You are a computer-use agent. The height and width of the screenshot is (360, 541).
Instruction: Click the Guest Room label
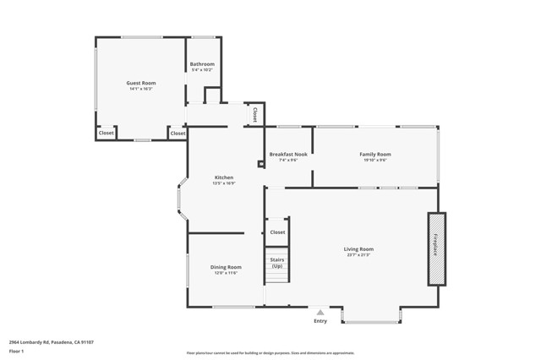(140, 83)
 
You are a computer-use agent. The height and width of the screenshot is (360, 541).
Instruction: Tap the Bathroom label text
(202, 64)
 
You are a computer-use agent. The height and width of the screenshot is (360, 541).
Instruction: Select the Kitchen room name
(223, 177)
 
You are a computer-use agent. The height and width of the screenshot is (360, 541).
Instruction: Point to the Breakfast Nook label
(288, 155)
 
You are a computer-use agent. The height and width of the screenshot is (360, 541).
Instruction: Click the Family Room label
(375, 155)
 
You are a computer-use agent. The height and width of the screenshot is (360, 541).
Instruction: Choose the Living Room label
(358, 249)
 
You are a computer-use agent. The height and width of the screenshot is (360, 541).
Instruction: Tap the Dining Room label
(226, 267)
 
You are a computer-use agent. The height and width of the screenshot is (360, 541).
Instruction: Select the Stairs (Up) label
(277, 263)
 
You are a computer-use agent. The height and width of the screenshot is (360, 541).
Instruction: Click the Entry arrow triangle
(320, 313)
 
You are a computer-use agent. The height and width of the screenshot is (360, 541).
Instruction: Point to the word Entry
(320, 321)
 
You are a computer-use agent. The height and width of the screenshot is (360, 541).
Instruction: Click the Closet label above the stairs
(277, 232)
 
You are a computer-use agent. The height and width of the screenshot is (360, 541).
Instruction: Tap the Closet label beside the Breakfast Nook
(254, 112)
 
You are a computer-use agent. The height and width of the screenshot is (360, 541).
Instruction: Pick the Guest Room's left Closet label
(107, 133)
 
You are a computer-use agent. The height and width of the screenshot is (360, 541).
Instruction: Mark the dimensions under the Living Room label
(358, 255)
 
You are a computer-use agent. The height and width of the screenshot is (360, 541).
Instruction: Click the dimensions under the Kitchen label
(223, 183)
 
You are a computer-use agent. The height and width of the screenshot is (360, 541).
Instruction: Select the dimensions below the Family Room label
(375, 161)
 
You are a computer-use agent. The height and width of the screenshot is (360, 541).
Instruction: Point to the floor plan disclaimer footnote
(270, 353)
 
